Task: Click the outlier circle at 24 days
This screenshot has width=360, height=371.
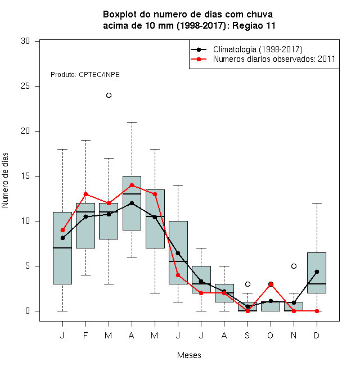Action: tap(109, 96)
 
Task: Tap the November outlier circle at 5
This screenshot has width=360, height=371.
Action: tap(294, 266)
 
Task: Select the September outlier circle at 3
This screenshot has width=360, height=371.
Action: tap(247, 284)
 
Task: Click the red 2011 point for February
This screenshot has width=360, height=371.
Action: tap(85, 194)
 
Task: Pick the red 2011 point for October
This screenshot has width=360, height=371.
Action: tap(271, 284)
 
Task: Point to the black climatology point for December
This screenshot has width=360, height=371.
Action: tap(317, 272)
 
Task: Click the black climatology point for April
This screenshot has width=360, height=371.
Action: tap(132, 203)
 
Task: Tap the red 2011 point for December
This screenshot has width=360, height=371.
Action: tap(317, 311)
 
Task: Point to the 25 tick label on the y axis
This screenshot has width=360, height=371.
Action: tap(25, 86)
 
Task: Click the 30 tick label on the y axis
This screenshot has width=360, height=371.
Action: tap(25, 41)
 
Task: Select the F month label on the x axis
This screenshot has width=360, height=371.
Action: tap(85, 335)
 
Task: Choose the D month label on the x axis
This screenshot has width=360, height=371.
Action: tap(317, 335)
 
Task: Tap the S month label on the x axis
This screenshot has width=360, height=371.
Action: tap(247, 335)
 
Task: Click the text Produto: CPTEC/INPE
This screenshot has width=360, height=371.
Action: tap(85, 75)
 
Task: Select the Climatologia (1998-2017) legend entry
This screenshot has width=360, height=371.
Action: tap(246, 49)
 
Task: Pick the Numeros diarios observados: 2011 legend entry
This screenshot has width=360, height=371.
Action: tap(263, 59)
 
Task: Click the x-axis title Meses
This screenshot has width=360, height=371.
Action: tap(189, 355)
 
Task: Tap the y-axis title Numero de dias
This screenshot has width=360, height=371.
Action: tap(5, 180)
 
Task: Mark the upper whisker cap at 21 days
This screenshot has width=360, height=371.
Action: tap(132, 123)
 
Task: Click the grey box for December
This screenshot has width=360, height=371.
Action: tap(317, 273)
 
